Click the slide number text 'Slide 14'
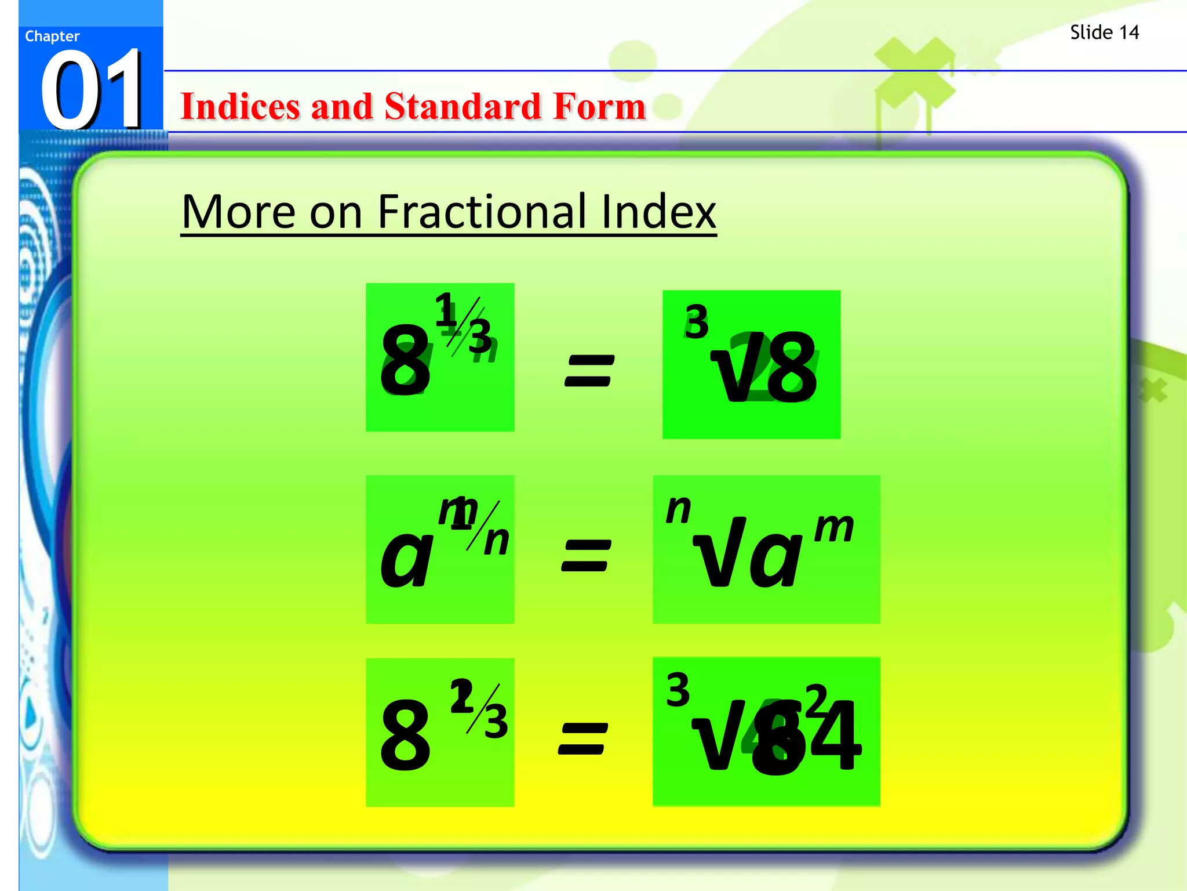coord(1104,32)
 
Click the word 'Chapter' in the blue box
coord(52,37)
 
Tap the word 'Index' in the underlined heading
coord(658,212)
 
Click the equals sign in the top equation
coord(589,371)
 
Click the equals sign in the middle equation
coord(586,555)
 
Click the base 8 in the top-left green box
coord(405,360)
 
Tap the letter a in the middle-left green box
coord(406,557)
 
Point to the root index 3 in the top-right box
coord(696,323)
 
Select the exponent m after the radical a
coord(834,527)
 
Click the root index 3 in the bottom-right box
coord(678,690)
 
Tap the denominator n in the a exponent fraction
coord(497,541)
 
